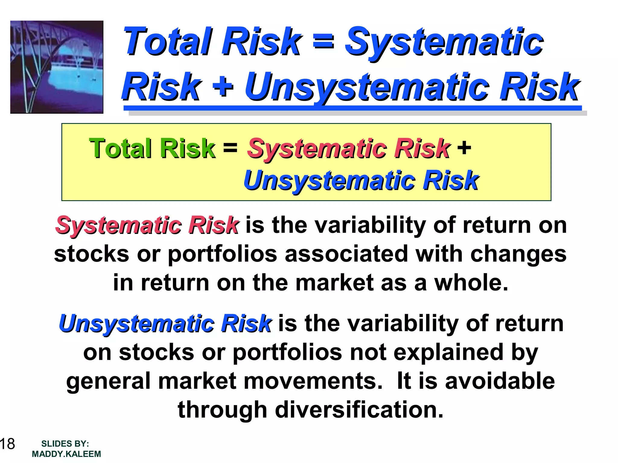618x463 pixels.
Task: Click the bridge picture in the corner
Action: click(x=57, y=67)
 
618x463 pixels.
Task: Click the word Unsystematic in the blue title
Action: click(x=367, y=87)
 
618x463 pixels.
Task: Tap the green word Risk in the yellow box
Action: click(x=187, y=148)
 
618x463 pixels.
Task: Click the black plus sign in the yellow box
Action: click(x=464, y=148)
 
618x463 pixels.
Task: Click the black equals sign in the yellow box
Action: click(x=230, y=148)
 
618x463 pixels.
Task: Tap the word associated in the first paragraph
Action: click(x=346, y=254)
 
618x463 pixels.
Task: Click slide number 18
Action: click(x=7, y=444)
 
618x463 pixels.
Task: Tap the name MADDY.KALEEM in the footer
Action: click(x=66, y=454)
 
